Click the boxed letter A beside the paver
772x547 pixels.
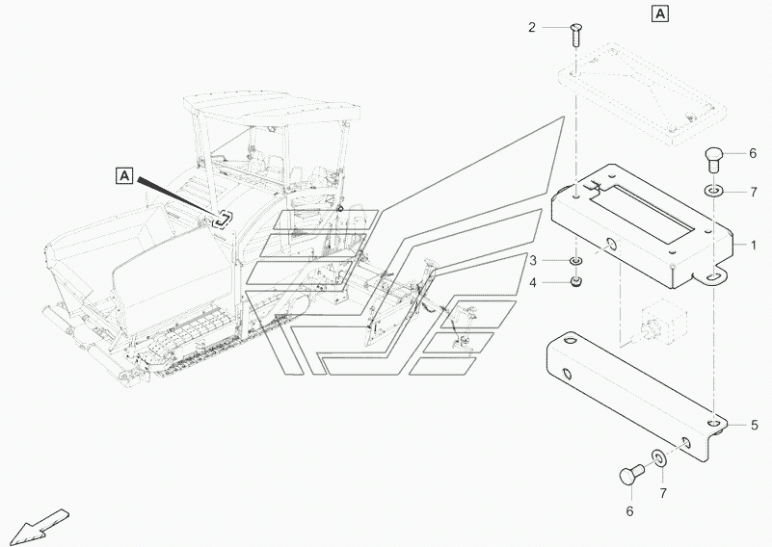click(x=123, y=175)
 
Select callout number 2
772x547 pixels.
click(x=531, y=27)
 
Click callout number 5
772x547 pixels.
click(x=755, y=424)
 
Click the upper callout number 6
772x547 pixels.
click(x=753, y=153)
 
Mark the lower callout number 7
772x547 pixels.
click(x=663, y=493)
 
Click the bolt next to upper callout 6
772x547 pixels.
click(x=713, y=156)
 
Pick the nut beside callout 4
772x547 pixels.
click(x=576, y=281)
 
